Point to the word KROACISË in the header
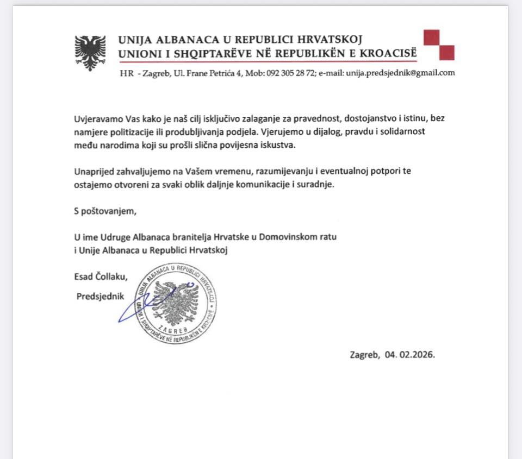click(x=389, y=53)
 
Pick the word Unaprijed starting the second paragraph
click(x=93, y=172)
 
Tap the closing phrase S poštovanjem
click(x=103, y=211)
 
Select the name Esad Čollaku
click(x=101, y=276)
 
